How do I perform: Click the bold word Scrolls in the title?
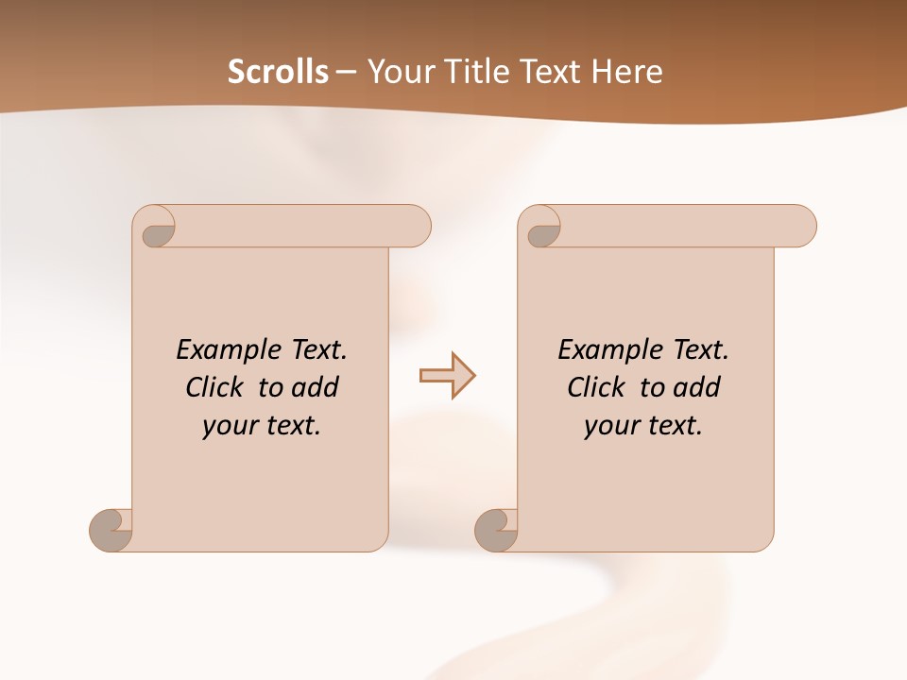pyautogui.click(x=278, y=72)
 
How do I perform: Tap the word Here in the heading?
pyautogui.click(x=626, y=72)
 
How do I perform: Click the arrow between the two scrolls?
pyautogui.click(x=447, y=376)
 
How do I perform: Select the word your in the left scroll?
pyautogui.click(x=230, y=427)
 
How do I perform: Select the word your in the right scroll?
pyautogui.click(x=611, y=427)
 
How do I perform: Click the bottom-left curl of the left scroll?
pyautogui.click(x=110, y=530)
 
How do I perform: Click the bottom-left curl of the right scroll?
pyautogui.click(x=496, y=530)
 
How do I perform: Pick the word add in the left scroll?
pyautogui.click(x=316, y=387)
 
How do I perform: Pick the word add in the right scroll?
pyautogui.click(x=697, y=387)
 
